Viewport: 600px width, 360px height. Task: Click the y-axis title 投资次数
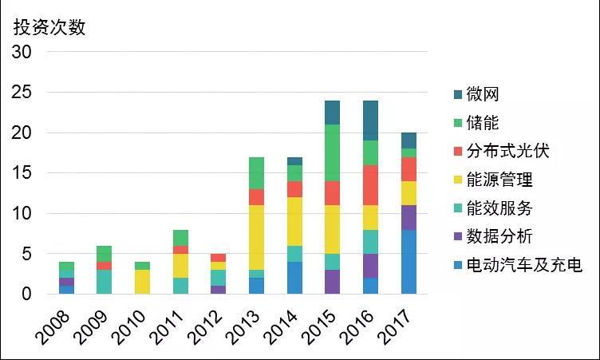pos(49,26)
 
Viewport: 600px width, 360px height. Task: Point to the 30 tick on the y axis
pos(21,53)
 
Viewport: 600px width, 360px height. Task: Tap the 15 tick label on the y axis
pos(21,173)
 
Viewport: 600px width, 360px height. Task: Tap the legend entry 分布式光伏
pos(507,150)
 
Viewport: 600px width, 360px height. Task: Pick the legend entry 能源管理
pos(499,179)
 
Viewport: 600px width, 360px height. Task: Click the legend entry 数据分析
pos(499,235)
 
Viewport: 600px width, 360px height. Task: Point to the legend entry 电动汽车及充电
pos(520,264)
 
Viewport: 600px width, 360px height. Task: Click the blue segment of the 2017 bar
pos(408,262)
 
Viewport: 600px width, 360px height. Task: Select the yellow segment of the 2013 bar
pos(257,238)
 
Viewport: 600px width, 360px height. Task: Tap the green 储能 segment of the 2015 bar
pos(332,153)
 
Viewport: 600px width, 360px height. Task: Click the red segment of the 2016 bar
pos(369,185)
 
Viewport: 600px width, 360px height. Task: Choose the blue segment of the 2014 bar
pos(294,278)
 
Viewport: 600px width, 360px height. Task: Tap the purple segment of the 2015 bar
pos(332,282)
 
